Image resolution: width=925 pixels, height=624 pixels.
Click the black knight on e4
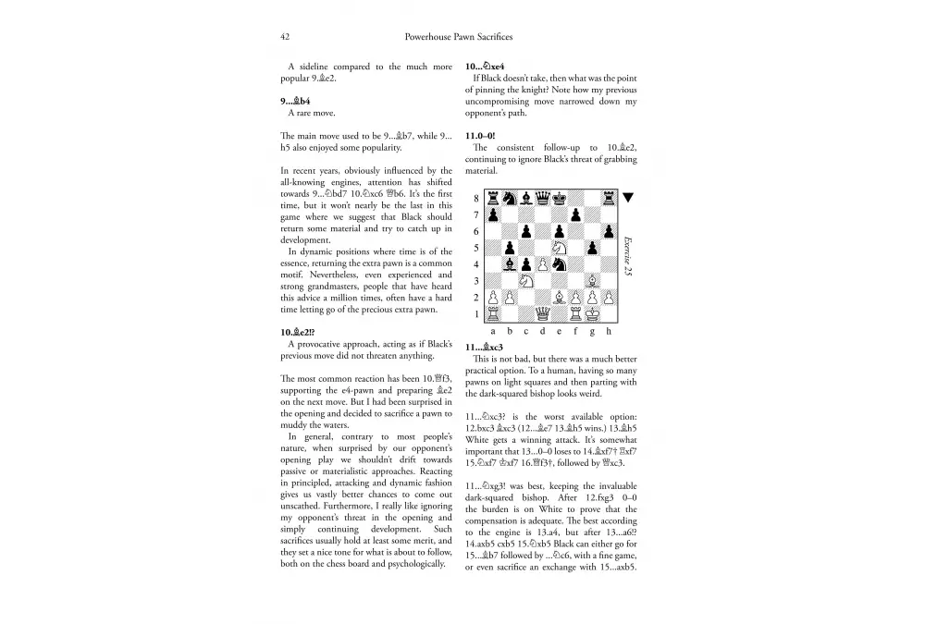click(559, 263)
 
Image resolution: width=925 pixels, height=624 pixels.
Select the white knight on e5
click(559, 247)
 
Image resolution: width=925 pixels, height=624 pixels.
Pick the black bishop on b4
click(509, 263)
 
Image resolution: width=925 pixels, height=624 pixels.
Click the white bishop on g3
click(592, 280)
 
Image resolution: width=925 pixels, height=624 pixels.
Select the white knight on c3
click(525, 280)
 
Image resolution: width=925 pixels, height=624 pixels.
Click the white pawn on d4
click(542, 263)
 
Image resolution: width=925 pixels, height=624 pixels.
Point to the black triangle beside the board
click(629, 197)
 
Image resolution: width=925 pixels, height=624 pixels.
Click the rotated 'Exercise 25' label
click(628, 255)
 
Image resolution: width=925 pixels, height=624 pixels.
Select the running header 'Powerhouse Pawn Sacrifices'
click(459, 37)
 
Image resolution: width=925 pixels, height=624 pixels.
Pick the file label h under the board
click(609, 330)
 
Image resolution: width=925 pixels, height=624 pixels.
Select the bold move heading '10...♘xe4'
click(485, 67)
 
